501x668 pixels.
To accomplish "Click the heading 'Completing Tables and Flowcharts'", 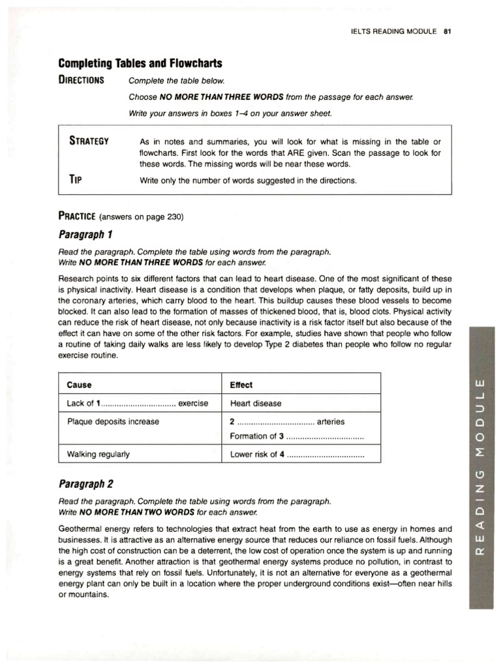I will click(x=140, y=63).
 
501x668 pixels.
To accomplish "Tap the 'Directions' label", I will click(x=81, y=80).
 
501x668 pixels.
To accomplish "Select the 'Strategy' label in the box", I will click(x=89, y=142).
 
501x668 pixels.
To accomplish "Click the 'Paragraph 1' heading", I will click(x=85, y=234).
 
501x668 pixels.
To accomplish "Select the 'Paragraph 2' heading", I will click(x=86, y=483).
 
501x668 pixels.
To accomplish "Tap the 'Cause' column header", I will click(x=80, y=385).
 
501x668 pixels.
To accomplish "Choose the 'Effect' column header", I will click(x=241, y=385).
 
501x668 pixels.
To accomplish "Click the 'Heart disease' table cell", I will click(x=256, y=403).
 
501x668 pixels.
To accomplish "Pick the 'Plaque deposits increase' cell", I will click(x=113, y=421).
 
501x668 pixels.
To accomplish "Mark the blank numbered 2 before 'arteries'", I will click(x=273, y=421).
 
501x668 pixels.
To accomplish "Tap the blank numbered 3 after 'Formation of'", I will click(x=322, y=436).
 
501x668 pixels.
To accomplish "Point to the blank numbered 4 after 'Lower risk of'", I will click(x=324, y=455).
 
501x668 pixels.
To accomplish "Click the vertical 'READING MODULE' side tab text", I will click(x=481, y=464).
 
